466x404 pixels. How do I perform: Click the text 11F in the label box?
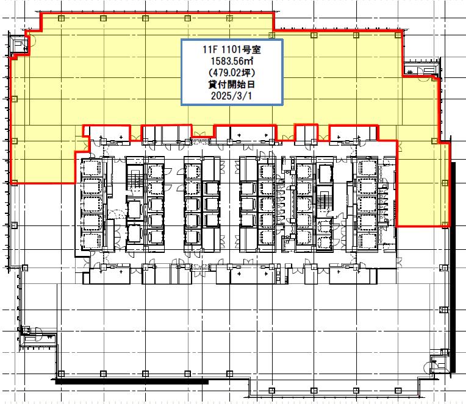(x=210, y=49)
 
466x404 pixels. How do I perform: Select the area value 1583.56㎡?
(x=232, y=61)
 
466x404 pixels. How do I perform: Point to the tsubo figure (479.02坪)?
(x=232, y=73)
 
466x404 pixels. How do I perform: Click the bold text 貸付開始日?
(x=232, y=84)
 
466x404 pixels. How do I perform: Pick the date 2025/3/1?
(x=232, y=96)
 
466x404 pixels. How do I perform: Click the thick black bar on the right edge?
(x=453, y=267)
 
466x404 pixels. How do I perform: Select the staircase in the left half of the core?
(x=135, y=179)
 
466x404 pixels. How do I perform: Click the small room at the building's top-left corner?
(x=20, y=44)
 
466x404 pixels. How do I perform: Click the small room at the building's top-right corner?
(x=421, y=68)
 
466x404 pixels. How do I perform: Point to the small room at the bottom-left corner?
(x=38, y=341)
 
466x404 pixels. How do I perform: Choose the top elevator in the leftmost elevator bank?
(x=91, y=169)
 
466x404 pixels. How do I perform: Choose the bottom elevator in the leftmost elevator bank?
(x=91, y=241)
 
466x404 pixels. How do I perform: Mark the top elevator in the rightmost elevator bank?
(x=367, y=169)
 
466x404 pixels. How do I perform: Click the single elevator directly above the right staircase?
(x=324, y=173)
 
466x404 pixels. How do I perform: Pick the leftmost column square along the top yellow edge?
(x=61, y=18)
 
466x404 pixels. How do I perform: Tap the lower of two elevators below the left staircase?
(x=134, y=233)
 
